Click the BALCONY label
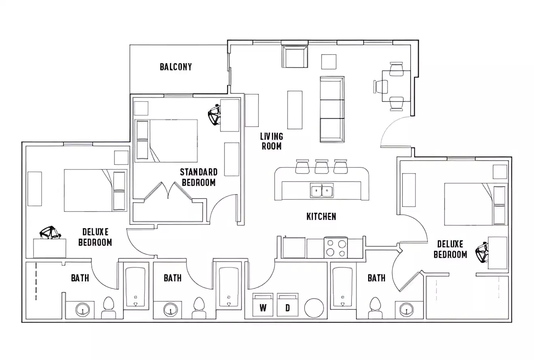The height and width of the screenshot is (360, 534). click(x=176, y=67)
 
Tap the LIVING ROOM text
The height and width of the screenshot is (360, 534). click(x=271, y=141)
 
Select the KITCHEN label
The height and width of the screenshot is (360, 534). click(x=321, y=216)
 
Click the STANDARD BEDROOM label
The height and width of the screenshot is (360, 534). click(x=199, y=177)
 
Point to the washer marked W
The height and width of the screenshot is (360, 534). click(x=263, y=305)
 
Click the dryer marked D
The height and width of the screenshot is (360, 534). click(x=288, y=305)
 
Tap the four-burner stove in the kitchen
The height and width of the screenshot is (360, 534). click(x=336, y=248)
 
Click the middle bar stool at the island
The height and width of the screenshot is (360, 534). click(x=322, y=167)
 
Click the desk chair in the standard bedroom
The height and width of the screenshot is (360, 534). click(x=214, y=115)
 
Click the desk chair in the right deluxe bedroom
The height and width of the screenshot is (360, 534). click(x=482, y=253)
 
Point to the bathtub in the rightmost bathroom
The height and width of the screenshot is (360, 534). click(x=342, y=287)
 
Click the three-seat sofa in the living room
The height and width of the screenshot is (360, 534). click(x=332, y=109)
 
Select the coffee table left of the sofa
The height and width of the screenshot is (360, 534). click(x=295, y=110)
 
